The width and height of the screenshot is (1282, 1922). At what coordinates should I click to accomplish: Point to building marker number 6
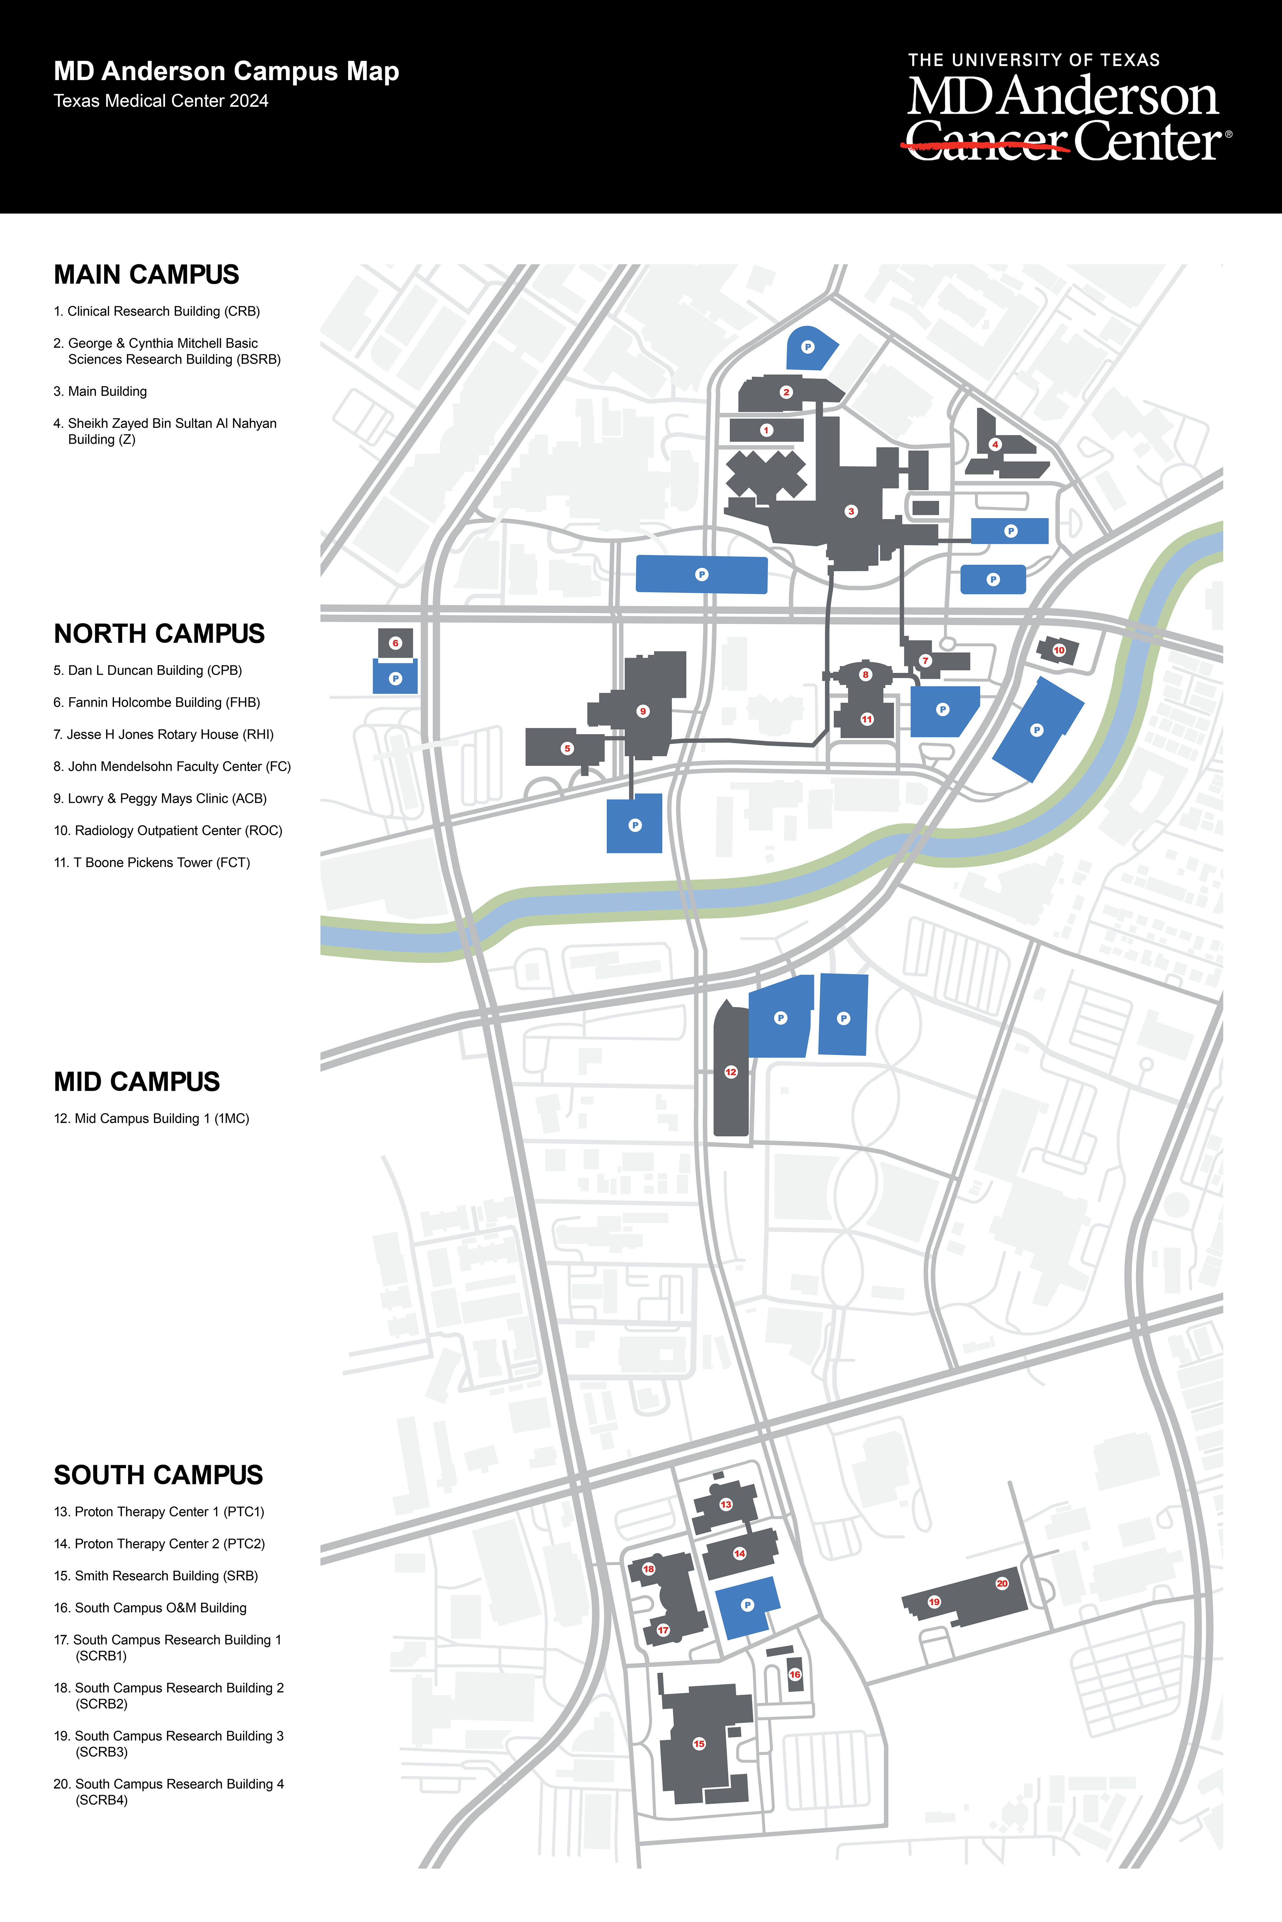pos(396,643)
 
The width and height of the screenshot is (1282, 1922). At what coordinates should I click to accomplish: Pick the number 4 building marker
pos(995,444)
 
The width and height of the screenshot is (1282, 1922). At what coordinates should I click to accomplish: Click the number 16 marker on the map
pos(795,1674)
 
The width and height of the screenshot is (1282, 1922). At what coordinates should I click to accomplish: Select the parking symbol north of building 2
pos(808,347)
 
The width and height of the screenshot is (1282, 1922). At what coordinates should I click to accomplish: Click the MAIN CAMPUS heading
pos(146,275)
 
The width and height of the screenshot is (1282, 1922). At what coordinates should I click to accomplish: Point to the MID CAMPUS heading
pos(137,1082)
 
